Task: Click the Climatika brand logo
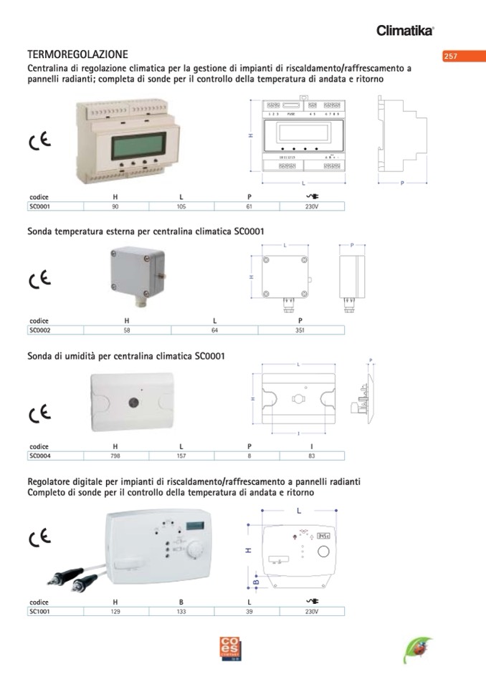405,30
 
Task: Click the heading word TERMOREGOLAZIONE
77,54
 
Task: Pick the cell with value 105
181,206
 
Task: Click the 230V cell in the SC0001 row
311,206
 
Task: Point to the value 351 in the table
300,330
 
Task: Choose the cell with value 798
115,455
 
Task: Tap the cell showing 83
311,455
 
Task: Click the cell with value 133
181,612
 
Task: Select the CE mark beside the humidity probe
39,413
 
